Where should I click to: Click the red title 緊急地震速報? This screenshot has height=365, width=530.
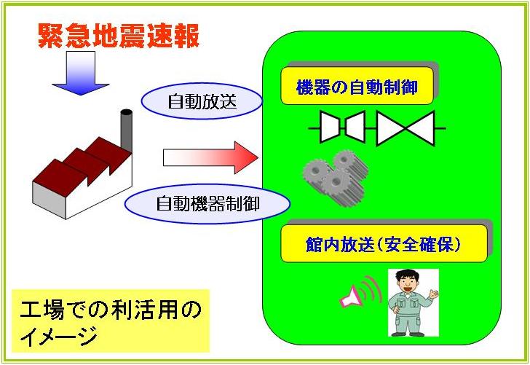click(119, 36)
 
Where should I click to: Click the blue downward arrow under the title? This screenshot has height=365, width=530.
click(81, 73)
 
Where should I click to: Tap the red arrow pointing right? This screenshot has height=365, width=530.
click(210, 157)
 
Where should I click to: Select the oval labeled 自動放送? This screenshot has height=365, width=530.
click(202, 101)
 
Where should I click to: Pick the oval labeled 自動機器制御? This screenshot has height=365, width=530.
click(207, 204)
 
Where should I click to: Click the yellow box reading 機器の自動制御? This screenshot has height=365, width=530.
click(357, 85)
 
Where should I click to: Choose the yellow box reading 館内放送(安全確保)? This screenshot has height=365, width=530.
click(384, 243)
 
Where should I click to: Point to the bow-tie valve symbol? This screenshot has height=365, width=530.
click(406, 128)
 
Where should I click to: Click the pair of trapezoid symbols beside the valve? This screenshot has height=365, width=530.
click(342, 127)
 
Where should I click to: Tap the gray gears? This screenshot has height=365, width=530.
click(336, 178)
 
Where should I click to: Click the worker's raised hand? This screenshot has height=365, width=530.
click(433, 293)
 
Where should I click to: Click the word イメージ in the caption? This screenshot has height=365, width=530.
click(59, 336)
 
